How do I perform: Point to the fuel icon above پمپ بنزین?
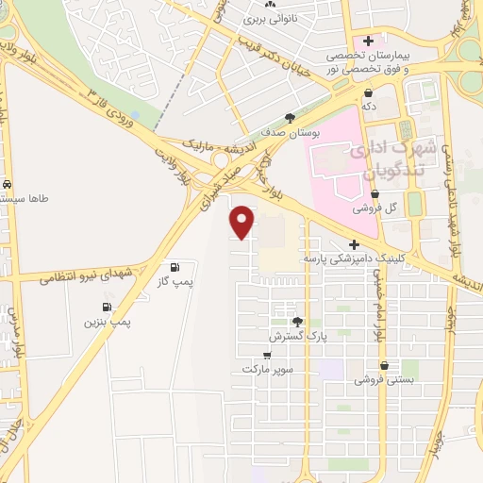(106, 308)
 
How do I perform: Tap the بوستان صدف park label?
(289, 134)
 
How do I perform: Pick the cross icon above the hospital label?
(368, 41)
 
